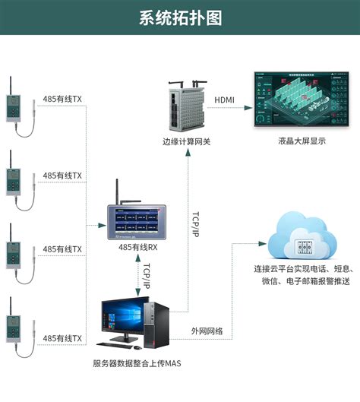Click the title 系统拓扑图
click(x=180, y=17)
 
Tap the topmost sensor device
click(x=14, y=106)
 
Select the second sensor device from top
click(x=14, y=179)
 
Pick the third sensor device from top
click(x=14, y=252)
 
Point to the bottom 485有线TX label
click(x=62, y=337)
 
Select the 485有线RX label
click(x=137, y=247)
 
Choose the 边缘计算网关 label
click(x=185, y=142)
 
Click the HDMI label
click(x=225, y=100)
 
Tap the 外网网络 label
click(x=207, y=331)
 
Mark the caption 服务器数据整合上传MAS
click(x=137, y=363)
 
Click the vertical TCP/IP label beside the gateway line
click(x=195, y=226)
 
